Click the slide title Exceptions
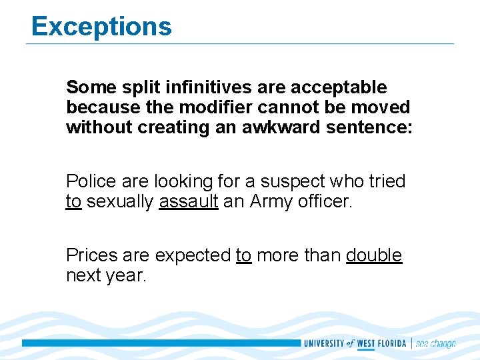101,27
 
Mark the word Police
89,181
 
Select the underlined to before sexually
73,202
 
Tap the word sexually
120,202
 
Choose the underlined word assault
189,202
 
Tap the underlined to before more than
243,256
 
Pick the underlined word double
374,255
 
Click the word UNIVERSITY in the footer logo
324,344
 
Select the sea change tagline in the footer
435,344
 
